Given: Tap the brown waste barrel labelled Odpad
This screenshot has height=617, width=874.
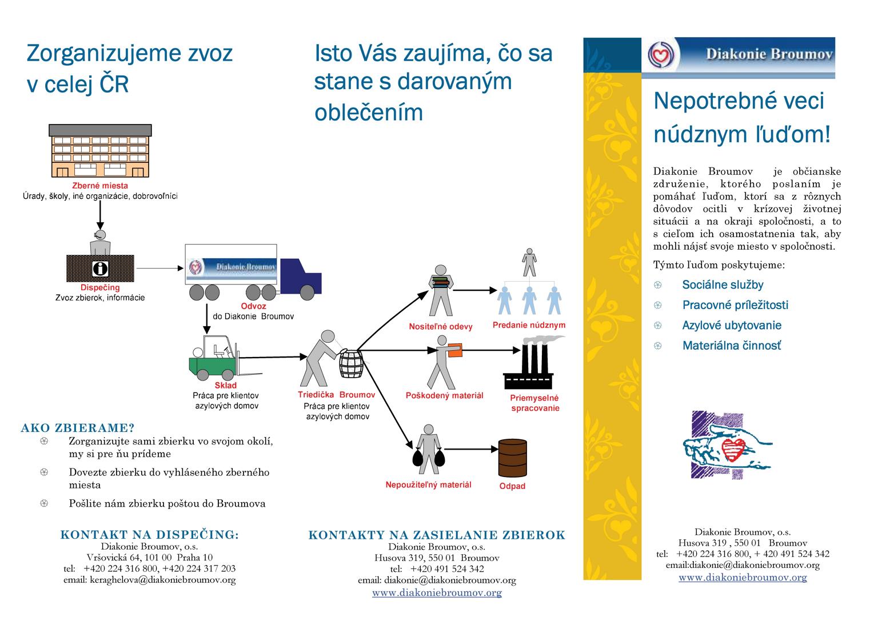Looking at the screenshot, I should pos(512,458).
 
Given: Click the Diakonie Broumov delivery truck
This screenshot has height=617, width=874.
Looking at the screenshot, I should pos(252,271).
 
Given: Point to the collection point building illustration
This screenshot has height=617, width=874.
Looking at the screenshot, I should pos(101,151).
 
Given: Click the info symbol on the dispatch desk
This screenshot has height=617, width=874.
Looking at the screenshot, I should pos(100,269).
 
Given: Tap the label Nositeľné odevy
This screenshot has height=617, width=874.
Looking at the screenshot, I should pos(441,327).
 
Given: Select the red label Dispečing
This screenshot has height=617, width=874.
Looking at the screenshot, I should pos(100,288).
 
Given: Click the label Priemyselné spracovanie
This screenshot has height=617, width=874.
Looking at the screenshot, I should pos(534,403).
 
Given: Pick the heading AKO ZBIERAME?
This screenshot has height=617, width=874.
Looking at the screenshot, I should pos(78,428).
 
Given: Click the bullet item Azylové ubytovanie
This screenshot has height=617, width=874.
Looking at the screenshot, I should pos(731,326).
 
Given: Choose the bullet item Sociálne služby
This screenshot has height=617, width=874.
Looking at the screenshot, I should pos(723,285).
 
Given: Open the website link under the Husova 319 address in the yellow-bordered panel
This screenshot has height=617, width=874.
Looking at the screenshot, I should pos(743,577).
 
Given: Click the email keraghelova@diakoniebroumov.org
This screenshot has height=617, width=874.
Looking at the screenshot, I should pos(150,580).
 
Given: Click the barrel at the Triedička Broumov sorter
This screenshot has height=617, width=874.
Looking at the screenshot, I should pos(352,363).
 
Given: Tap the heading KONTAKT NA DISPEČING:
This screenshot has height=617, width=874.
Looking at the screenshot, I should pos(150,535).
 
